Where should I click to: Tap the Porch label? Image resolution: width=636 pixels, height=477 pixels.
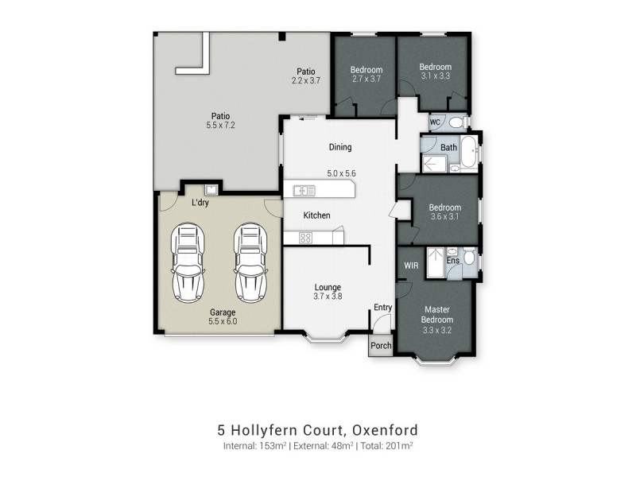tap(381, 346)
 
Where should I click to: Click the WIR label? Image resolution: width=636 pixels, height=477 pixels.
tap(411, 266)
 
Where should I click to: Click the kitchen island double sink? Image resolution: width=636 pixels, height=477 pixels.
tap(304, 190)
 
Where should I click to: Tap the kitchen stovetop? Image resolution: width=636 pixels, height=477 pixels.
tap(305, 237)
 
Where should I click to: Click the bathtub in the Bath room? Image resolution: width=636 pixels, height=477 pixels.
tap(469, 152)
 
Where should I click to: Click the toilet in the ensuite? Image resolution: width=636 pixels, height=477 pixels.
tap(469, 258)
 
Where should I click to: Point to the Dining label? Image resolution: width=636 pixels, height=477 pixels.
tap(340, 147)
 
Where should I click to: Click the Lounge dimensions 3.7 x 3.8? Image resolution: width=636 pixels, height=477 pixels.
tap(327, 297)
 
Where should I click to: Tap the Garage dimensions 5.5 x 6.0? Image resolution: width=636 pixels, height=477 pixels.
tap(222, 323)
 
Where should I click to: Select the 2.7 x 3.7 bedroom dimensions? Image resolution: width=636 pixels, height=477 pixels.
tap(366, 79)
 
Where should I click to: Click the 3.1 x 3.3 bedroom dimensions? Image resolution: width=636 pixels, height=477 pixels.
tap(435, 77)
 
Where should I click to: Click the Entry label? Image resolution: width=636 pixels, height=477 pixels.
tap(382, 308)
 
